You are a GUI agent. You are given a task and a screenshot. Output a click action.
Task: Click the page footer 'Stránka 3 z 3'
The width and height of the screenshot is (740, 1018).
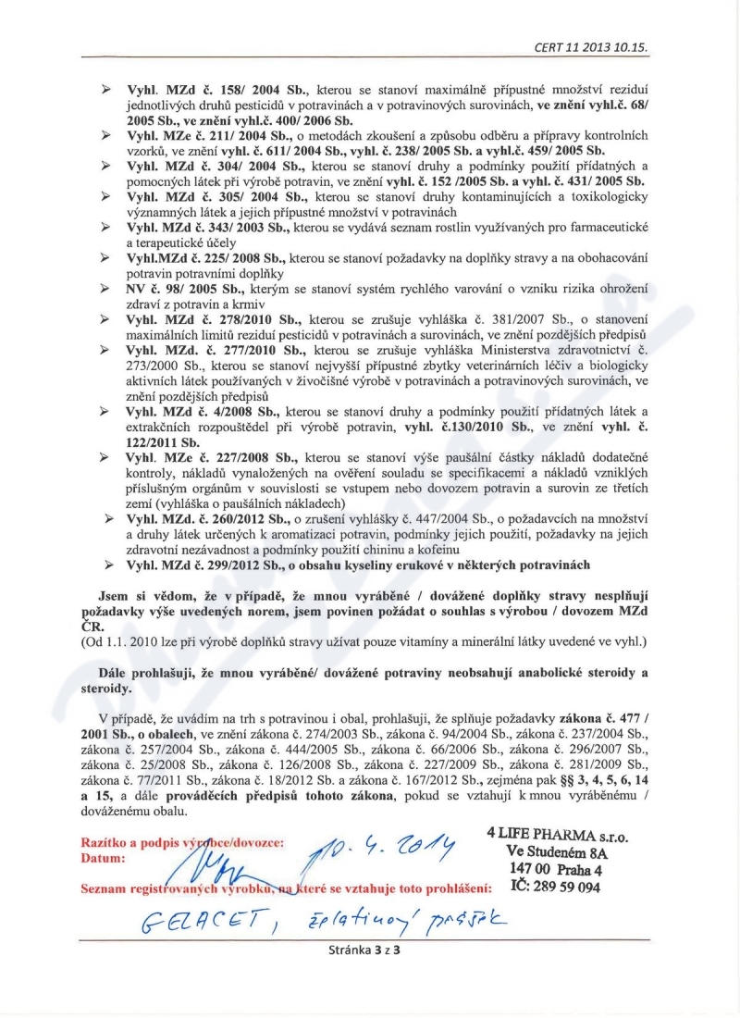point(369,948)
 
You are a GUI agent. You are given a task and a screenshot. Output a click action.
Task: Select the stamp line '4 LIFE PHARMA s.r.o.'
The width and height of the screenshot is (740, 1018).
point(557,834)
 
